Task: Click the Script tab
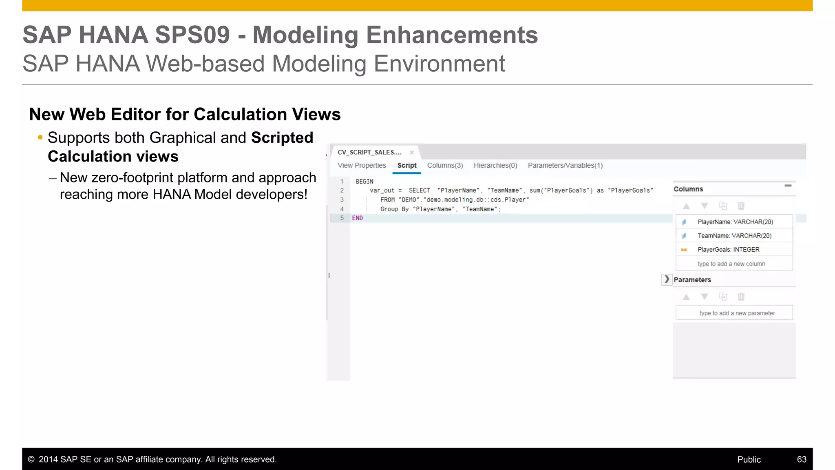point(406,166)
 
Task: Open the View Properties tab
point(362,166)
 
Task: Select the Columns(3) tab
point(445,166)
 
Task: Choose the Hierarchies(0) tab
point(495,166)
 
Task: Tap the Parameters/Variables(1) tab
point(565,166)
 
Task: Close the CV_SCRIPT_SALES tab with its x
point(412,153)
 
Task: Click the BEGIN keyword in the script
point(364,182)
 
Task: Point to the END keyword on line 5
point(357,218)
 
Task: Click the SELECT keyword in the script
point(419,191)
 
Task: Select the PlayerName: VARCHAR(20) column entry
point(735,222)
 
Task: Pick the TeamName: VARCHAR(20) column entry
point(734,236)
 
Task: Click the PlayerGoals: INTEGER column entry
point(728,250)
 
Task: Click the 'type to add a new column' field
point(731,264)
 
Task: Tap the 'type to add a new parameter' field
point(737,313)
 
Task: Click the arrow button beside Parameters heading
point(667,279)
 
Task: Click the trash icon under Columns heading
point(741,206)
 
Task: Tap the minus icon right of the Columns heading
point(788,186)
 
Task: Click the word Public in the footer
point(749,459)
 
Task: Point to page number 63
point(801,459)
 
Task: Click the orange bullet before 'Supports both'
point(40,137)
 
